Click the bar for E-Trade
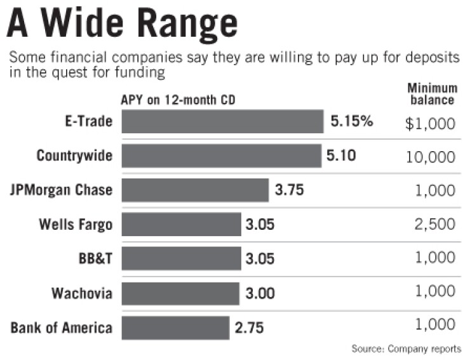222,121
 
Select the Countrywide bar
221,156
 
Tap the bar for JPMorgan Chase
195,190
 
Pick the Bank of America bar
175,328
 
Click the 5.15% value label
351,121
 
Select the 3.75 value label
291,190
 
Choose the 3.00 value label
261,293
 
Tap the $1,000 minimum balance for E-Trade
431,123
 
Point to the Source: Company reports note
406,349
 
